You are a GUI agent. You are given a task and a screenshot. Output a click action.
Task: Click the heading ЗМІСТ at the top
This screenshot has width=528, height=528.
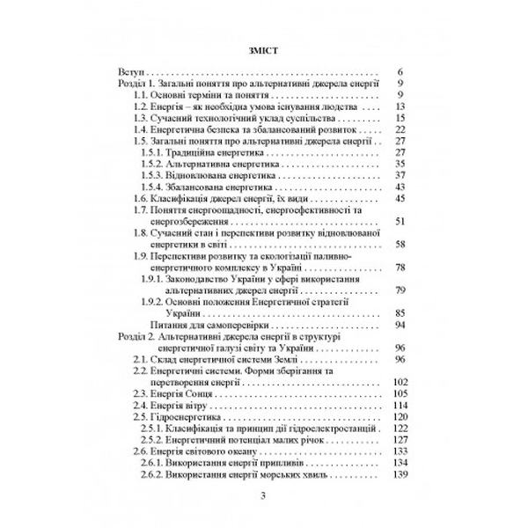pyautogui.click(x=264, y=48)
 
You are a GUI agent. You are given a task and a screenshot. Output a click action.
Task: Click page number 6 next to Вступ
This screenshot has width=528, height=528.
pyautogui.click(x=400, y=71)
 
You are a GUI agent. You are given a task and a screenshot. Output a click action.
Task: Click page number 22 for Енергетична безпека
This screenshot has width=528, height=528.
pyautogui.click(x=399, y=128)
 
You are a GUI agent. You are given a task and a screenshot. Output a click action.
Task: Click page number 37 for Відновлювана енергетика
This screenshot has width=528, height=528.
pyautogui.click(x=399, y=174)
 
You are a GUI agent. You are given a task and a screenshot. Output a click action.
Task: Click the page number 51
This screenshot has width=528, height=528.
pyautogui.click(x=399, y=221)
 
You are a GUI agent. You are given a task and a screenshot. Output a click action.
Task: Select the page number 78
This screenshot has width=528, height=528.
pyautogui.click(x=399, y=268)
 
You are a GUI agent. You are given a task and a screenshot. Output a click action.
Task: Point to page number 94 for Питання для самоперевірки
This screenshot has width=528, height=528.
pyautogui.click(x=399, y=325)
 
